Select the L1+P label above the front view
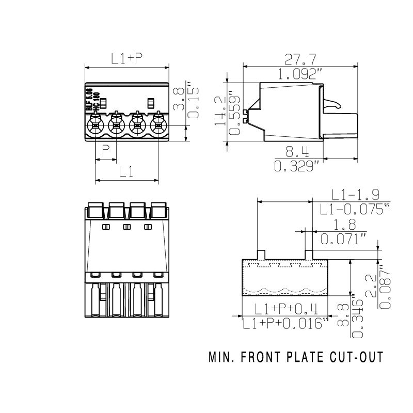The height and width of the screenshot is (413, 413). coord(127,59)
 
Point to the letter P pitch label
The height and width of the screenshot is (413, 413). coord(106,151)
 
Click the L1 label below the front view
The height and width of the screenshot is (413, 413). coord(127,172)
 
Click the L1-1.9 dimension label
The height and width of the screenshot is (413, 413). coord(356,195)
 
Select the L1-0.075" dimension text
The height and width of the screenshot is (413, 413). coord(355,210)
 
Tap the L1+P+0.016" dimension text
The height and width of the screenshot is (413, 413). coord(285,324)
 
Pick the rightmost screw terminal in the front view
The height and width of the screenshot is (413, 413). coord(158,125)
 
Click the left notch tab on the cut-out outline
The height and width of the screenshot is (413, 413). coord(261,254)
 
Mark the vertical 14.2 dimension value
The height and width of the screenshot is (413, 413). coord(219,111)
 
